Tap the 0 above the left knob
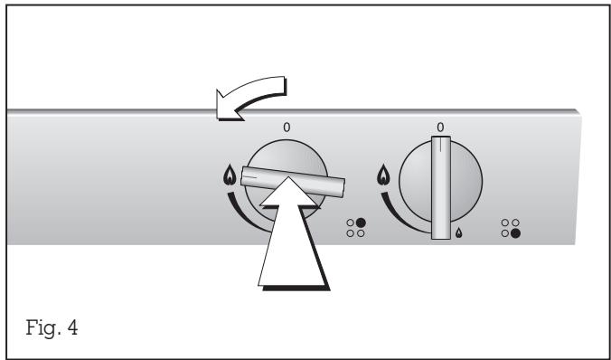click(x=287, y=128)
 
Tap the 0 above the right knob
click(x=439, y=127)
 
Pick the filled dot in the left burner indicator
click(x=360, y=221)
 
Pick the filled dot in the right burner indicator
click(x=516, y=232)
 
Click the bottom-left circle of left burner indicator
click(x=350, y=232)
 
